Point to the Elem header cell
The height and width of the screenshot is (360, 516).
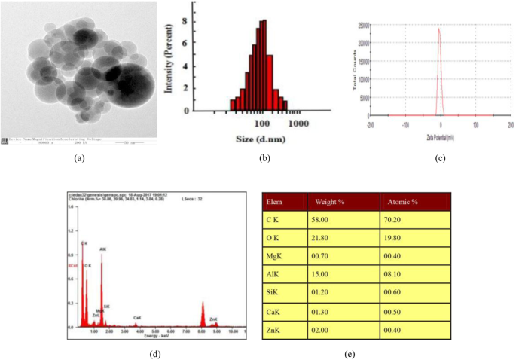pyautogui.click(x=273, y=201)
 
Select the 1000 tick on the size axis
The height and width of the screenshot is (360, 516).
pyautogui.click(x=299, y=123)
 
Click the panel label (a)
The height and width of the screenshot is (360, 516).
pyautogui.click(x=78, y=159)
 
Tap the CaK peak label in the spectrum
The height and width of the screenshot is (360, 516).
pyautogui.click(x=137, y=318)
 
